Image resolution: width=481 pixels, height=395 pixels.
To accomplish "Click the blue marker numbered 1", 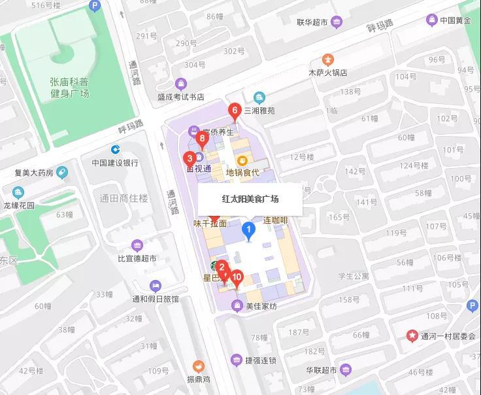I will point(248,230).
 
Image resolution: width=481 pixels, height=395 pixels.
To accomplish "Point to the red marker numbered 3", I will point(190,158).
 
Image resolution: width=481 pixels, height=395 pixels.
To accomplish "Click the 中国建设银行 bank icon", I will point(115,150).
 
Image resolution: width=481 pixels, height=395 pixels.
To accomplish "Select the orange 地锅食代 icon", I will point(242,160).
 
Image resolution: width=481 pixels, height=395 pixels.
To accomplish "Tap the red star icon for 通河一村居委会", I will point(412,336).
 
